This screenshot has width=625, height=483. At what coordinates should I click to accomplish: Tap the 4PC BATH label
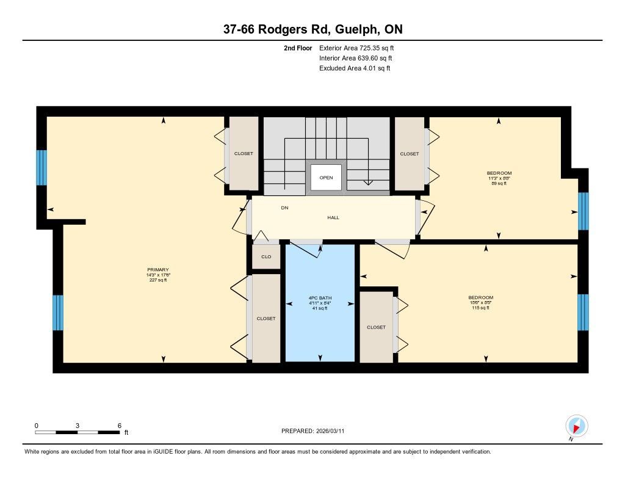click(320, 298)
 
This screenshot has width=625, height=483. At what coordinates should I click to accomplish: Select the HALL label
click(333, 217)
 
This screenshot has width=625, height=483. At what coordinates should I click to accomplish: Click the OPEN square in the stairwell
click(326, 178)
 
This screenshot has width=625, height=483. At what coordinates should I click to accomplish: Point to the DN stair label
click(284, 208)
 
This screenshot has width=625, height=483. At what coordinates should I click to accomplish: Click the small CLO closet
click(266, 256)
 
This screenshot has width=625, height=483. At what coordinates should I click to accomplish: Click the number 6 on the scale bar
click(119, 426)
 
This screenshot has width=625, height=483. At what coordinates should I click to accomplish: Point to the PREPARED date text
click(313, 430)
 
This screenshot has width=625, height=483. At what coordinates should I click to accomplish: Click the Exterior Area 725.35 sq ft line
click(356, 48)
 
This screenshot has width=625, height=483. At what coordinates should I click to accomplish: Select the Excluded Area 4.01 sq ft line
click(355, 68)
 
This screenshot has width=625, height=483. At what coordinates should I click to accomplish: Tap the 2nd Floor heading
click(298, 48)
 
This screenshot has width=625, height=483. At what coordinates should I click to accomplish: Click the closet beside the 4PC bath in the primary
click(266, 318)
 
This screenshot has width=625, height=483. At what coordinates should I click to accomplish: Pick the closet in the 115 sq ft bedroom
click(376, 327)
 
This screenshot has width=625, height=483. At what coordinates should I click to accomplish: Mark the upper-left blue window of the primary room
click(42, 167)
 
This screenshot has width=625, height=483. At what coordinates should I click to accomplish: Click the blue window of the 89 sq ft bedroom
click(583, 211)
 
